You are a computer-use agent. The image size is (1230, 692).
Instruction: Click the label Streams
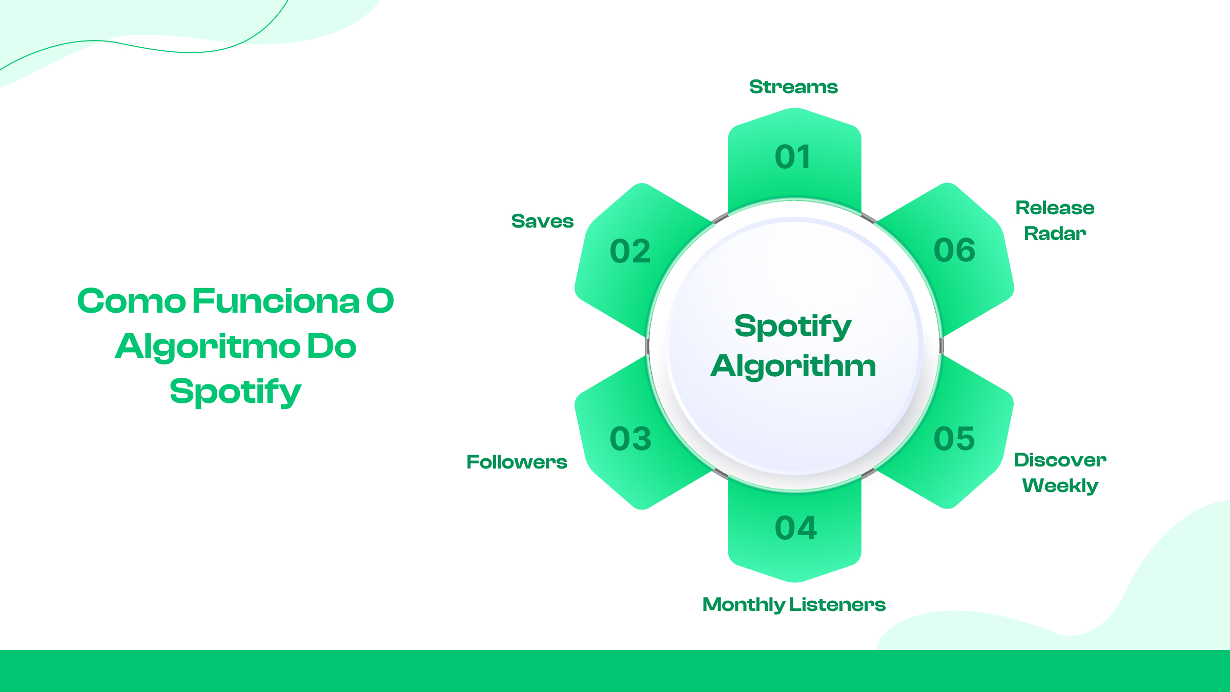point(793,87)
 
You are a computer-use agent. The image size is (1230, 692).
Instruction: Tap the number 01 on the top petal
point(793,157)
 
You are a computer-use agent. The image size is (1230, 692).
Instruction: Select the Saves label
point(542,221)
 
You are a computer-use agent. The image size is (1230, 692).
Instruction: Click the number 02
point(630,252)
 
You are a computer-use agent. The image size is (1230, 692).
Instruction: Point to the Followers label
point(517,462)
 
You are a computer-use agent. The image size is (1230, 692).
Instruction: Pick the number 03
point(630,439)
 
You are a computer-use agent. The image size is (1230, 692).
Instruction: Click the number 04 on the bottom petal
point(795,528)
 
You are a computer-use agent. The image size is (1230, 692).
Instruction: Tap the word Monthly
point(743,605)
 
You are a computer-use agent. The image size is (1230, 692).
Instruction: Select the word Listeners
point(837,605)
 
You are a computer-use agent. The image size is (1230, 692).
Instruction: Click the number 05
point(954,439)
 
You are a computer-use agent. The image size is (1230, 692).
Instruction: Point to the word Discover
point(1060,460)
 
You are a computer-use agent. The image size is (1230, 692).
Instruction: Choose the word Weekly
point(1060,485)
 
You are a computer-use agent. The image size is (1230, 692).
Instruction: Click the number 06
point(954,251)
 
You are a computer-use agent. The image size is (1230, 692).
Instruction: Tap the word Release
point(1055,208)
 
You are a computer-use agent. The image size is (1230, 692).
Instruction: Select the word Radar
point(1055,234)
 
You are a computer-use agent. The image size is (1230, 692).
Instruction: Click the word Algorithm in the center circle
point(793,367)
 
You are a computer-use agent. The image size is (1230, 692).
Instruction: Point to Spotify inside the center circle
point(793,327)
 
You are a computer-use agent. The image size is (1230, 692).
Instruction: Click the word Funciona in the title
point(276,301)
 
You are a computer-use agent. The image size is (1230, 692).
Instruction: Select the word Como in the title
point(131,301)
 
